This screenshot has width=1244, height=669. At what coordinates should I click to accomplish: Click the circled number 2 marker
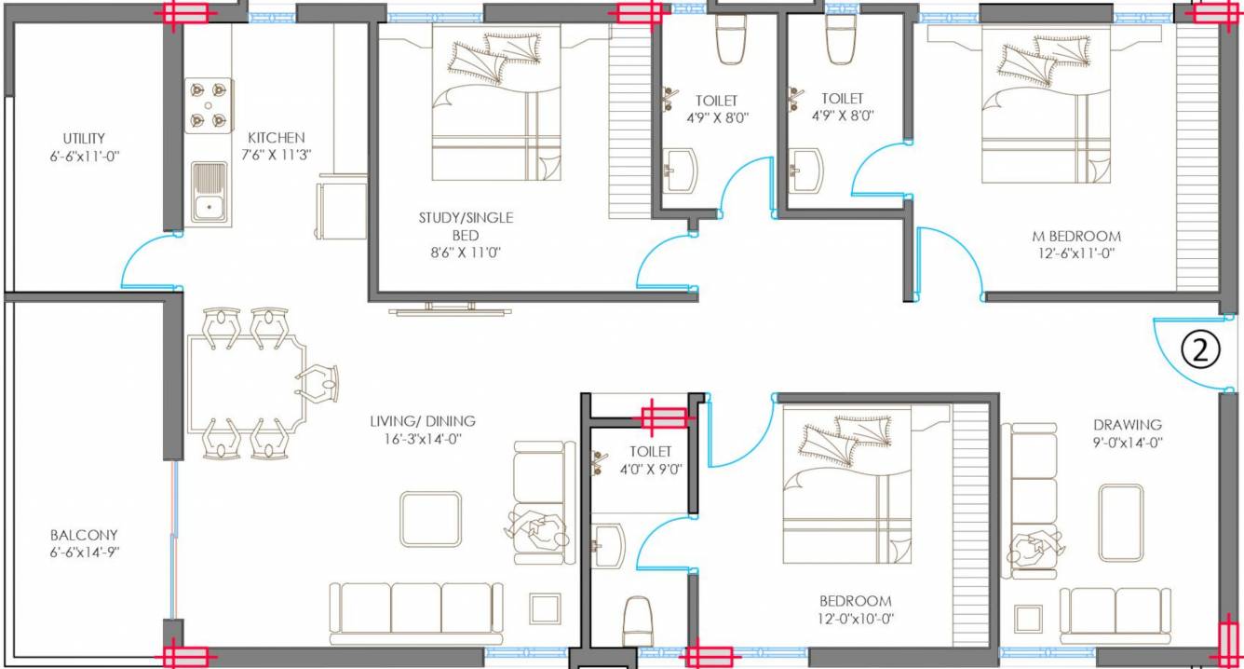(x=1200, y=350)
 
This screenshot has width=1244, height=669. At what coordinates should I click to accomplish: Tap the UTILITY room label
(x=84, y=138)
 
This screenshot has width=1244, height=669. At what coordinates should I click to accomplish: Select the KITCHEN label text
(x=276, y=138)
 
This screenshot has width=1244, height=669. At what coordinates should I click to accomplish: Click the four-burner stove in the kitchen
(x=209, y=105)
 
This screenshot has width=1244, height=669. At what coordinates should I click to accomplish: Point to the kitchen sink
(x=209, y=193)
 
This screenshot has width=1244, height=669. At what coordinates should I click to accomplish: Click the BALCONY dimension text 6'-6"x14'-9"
(x=84, y=552)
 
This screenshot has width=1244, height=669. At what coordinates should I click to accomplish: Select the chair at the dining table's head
(x=318, y=383)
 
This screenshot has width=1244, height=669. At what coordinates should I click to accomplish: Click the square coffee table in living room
(x=430, y=519)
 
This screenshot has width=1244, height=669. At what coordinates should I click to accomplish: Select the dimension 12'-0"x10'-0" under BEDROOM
(x=855, y=618)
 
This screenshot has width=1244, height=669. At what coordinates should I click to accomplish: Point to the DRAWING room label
(x=1128, y=424)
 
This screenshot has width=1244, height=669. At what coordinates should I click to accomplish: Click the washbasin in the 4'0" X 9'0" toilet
(x=607, y=540)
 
